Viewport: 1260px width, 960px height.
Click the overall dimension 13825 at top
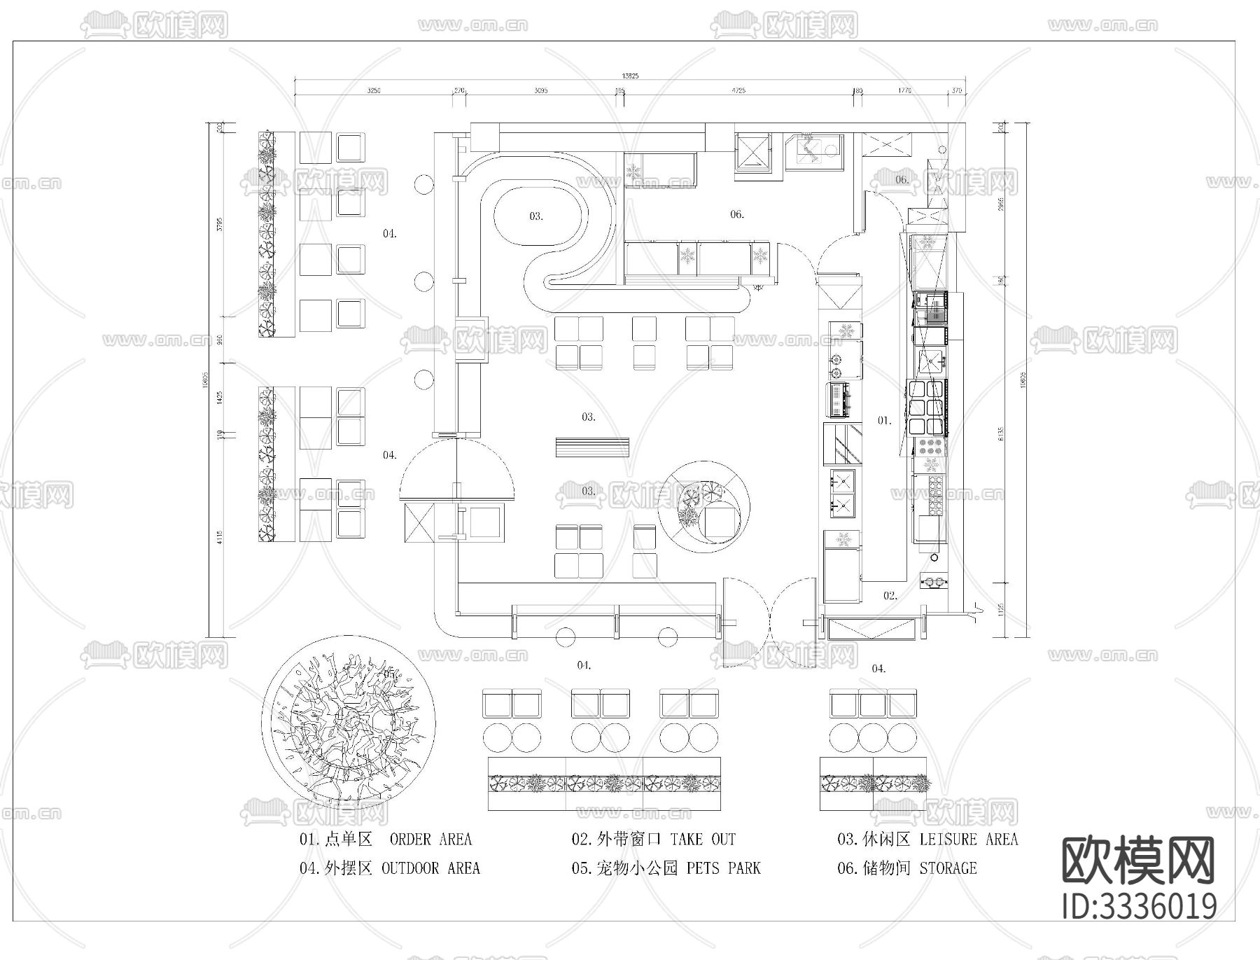[630, 76]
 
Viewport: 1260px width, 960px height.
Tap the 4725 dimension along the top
[738, 90]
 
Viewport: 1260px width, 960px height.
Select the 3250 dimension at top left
[374, 90]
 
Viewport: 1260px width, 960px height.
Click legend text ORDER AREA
[430, 839]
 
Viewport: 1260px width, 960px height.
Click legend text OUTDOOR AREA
[430, 868]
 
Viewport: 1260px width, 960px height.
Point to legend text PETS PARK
[723, 868]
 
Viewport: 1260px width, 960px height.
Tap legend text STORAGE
[948, 868]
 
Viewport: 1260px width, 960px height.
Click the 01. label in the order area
[885, 420]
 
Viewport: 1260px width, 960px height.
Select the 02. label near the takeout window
[890, 596]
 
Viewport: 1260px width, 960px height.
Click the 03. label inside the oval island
[535, 216]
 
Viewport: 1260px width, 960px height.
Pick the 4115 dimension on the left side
[220, 538]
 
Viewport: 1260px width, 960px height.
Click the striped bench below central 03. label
[592, 447]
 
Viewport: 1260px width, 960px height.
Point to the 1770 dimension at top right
[904, 90]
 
